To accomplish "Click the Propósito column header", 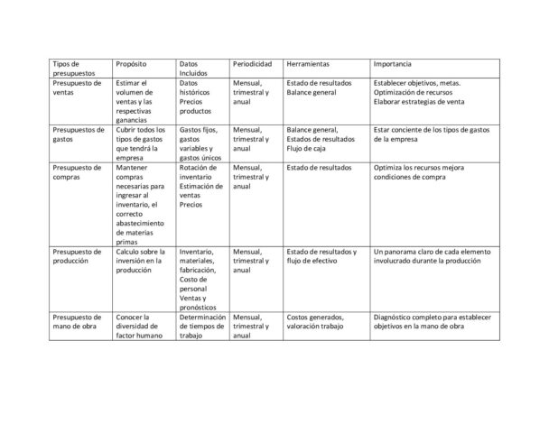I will pyautogui.click(x=131, y=65).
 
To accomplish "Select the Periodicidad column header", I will pyautogui.click(x=252, y=65).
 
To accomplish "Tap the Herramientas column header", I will pyautogui.click(x=307, y=65).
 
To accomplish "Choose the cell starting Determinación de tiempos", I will pyautogui.click(x=200, y=327).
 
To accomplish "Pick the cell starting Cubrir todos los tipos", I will pyautogui.click(x=141, y=143).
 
